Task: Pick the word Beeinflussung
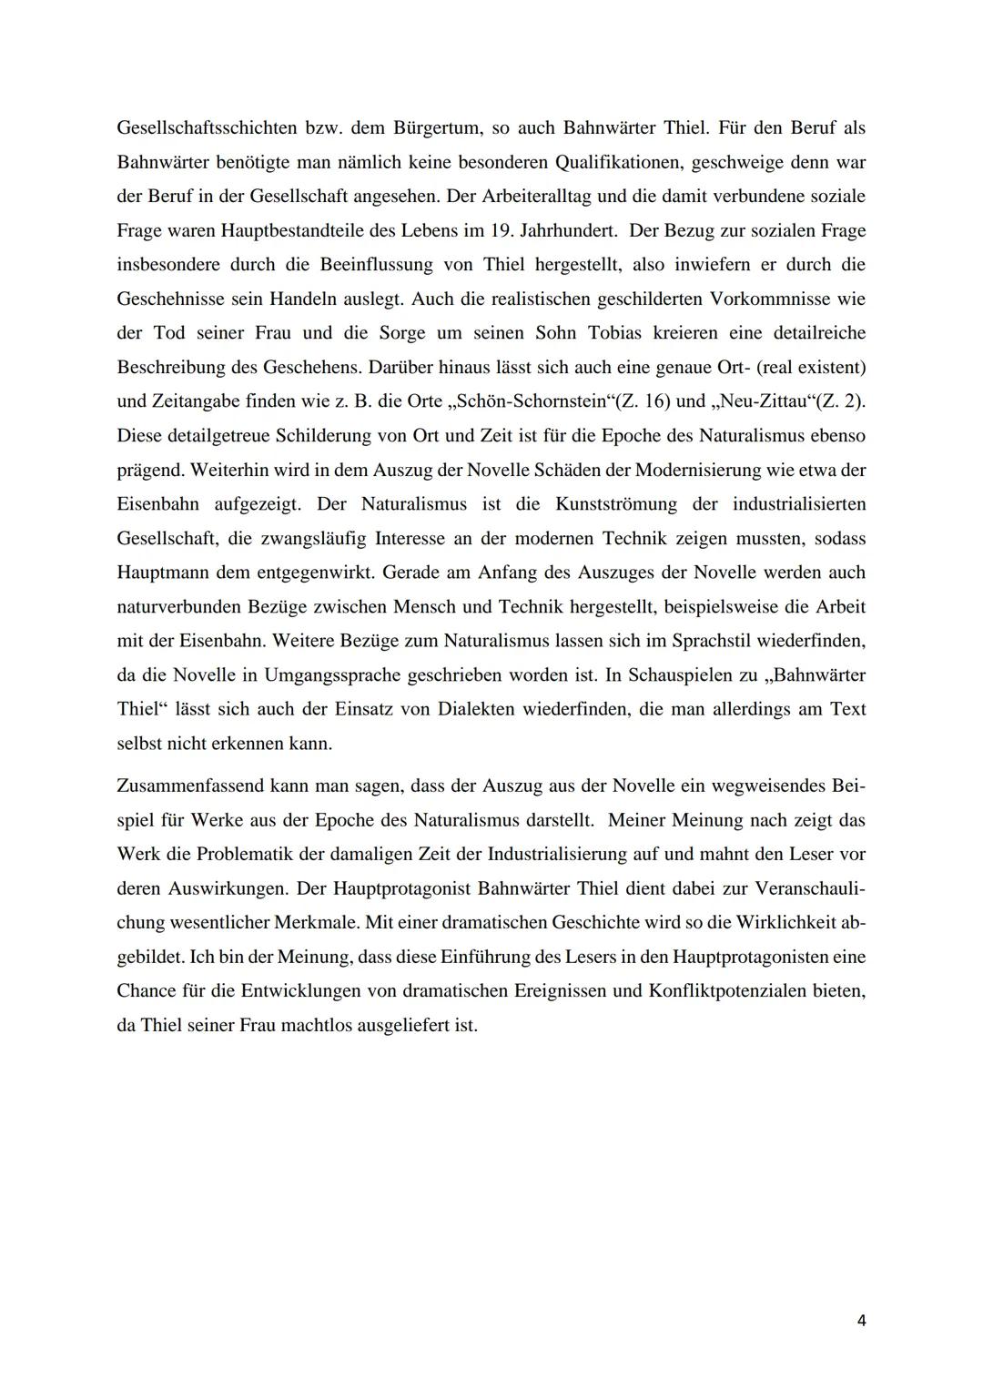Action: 375,265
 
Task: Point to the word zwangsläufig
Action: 309,538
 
